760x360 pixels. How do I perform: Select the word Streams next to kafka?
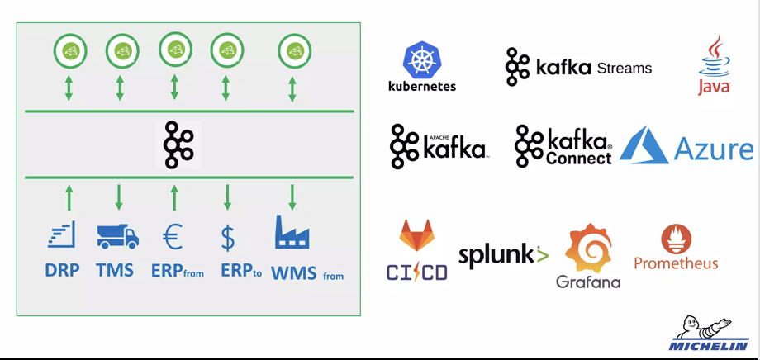(x=624, y=69)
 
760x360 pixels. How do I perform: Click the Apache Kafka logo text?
(x=454, y=148)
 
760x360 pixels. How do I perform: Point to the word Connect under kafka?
(x=578, y=157)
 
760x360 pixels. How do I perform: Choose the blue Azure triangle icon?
(x=644, y=145)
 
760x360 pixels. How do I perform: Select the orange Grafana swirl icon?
(x=587, y=249)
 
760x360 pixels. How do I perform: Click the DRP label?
(x=63, y=271)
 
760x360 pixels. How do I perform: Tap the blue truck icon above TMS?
(x=117, y=236)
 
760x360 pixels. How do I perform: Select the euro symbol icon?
(x=173, y=237)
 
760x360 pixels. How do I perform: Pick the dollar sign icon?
(x=228, y=237)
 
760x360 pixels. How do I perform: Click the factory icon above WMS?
(x=292, y=233)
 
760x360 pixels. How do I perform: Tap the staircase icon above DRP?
(x=62, y=235)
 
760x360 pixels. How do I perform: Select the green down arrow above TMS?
(x=120, y=197)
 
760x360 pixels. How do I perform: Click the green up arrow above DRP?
(x=69, y=197)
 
